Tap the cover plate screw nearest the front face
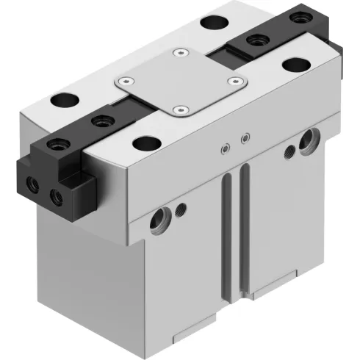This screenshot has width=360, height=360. pyautogui.click(x=178, y=110)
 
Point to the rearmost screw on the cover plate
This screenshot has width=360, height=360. pyautogui.click(x=179, y=53)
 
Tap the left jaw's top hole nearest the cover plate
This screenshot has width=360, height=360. pyautogui.click(x=98, y=120)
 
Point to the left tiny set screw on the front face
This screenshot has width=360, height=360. pyautogui.click(x=223, y=151)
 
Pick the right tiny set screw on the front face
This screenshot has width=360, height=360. pyautogui.click(x=245, y=137)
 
